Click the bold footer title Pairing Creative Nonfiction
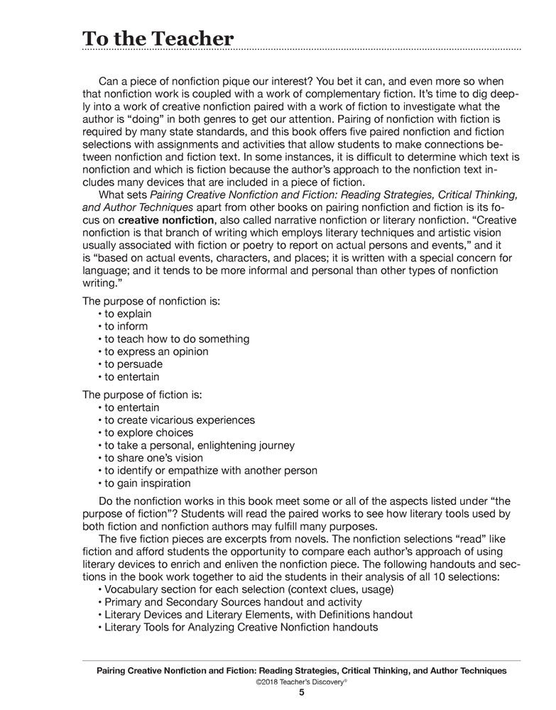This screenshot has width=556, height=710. pos(302,670)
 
